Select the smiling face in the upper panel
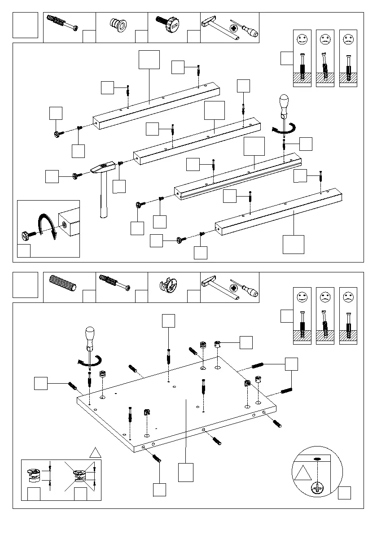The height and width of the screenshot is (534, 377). pos(302,39)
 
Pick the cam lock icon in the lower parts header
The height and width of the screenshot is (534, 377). pos(168,284)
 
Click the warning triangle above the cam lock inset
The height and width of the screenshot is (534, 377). pos(95,452)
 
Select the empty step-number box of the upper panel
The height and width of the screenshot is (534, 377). pos(25,25)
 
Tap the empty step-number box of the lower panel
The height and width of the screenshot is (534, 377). pos(25,285)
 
